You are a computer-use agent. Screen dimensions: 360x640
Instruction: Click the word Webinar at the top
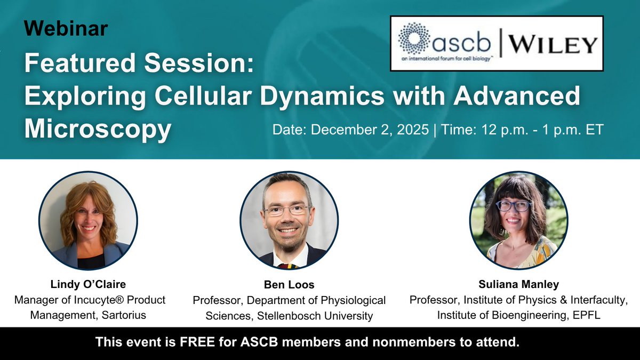pyautogui.click(x=65, y=28)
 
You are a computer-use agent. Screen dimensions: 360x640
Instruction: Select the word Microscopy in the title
pyautogui.click(x=98, y=129)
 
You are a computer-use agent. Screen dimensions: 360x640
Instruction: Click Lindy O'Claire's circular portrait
pyautogui.click(x=89, y=220)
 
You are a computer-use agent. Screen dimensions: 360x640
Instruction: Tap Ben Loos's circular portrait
pyautogui.click(x=289, y=220)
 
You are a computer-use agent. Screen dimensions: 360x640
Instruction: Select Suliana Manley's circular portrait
pyautogui.click(x=518, y=220)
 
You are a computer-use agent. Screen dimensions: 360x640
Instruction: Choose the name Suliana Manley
pyautogui.click(x=518, y=284)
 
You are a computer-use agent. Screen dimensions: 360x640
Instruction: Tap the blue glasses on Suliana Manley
pyautogui.click(x=513, y=206)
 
